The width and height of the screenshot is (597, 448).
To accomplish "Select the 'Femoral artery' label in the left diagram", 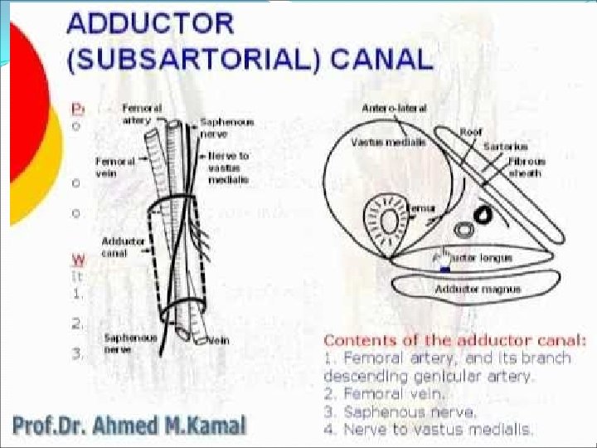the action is [x=138, y=114].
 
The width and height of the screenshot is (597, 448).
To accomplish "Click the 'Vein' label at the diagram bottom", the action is [x=219, y=338].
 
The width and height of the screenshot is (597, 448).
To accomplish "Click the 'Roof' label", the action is [x=471, y=132].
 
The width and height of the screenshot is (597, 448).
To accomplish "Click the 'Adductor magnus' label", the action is [x=469, y=289].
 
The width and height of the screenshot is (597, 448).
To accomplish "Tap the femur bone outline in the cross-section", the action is [x=386, y=225].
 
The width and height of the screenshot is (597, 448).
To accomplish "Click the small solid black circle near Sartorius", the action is [x=480, y=217].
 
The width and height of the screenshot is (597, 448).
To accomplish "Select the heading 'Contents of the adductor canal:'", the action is [x=455, y=339].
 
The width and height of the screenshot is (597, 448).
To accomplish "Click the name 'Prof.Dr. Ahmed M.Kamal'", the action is [x=129, y=426].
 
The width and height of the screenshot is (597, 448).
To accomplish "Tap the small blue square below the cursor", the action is [x=445, y=269].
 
